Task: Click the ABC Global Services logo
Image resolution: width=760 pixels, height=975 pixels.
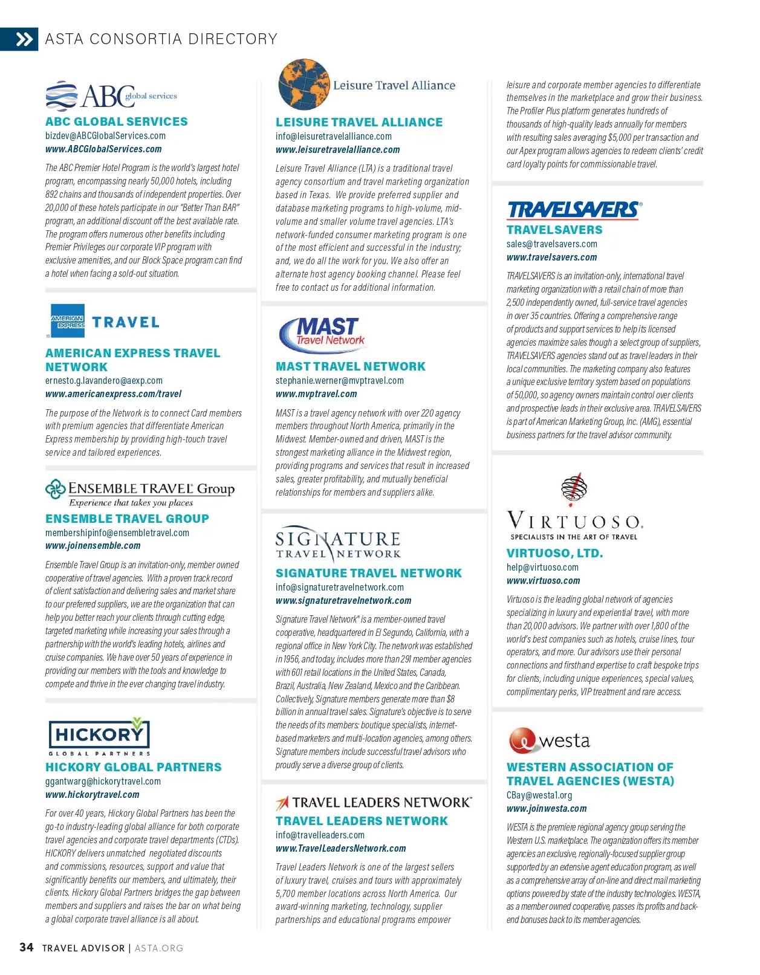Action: click(111, 96)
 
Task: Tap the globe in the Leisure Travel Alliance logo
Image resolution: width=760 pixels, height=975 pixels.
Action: click(304, 85)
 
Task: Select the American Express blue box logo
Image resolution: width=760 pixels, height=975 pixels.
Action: click(68, 321)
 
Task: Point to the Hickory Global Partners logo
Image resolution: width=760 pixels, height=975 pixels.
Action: click(99, 736)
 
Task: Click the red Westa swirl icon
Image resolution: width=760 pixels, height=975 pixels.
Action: click(522, 740)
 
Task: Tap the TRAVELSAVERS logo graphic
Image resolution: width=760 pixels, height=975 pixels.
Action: click(573, 209)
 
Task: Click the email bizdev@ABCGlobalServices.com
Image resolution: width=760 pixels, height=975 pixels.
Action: click(105, 136)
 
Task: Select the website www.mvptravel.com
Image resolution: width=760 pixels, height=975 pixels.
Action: click(316, 394)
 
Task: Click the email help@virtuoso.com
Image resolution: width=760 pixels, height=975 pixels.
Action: click(542, 568)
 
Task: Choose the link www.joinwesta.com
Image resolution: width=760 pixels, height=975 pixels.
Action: click(547, 809)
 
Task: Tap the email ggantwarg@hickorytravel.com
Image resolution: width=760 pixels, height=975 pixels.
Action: click(103, 782)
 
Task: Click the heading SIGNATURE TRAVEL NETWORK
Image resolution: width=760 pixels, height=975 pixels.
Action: click(368, 573)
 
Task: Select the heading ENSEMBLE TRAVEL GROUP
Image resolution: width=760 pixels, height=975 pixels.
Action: click(127, 519)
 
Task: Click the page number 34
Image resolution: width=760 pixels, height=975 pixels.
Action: click(27, 947)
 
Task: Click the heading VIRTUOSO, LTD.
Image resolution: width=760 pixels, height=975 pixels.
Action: click(554, 553)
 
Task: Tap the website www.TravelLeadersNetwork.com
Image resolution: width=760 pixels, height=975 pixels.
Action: click(340, 849)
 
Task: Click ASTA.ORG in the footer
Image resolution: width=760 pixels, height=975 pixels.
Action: click(158, 948)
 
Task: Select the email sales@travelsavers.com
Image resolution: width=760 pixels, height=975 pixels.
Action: click(551, 244)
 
